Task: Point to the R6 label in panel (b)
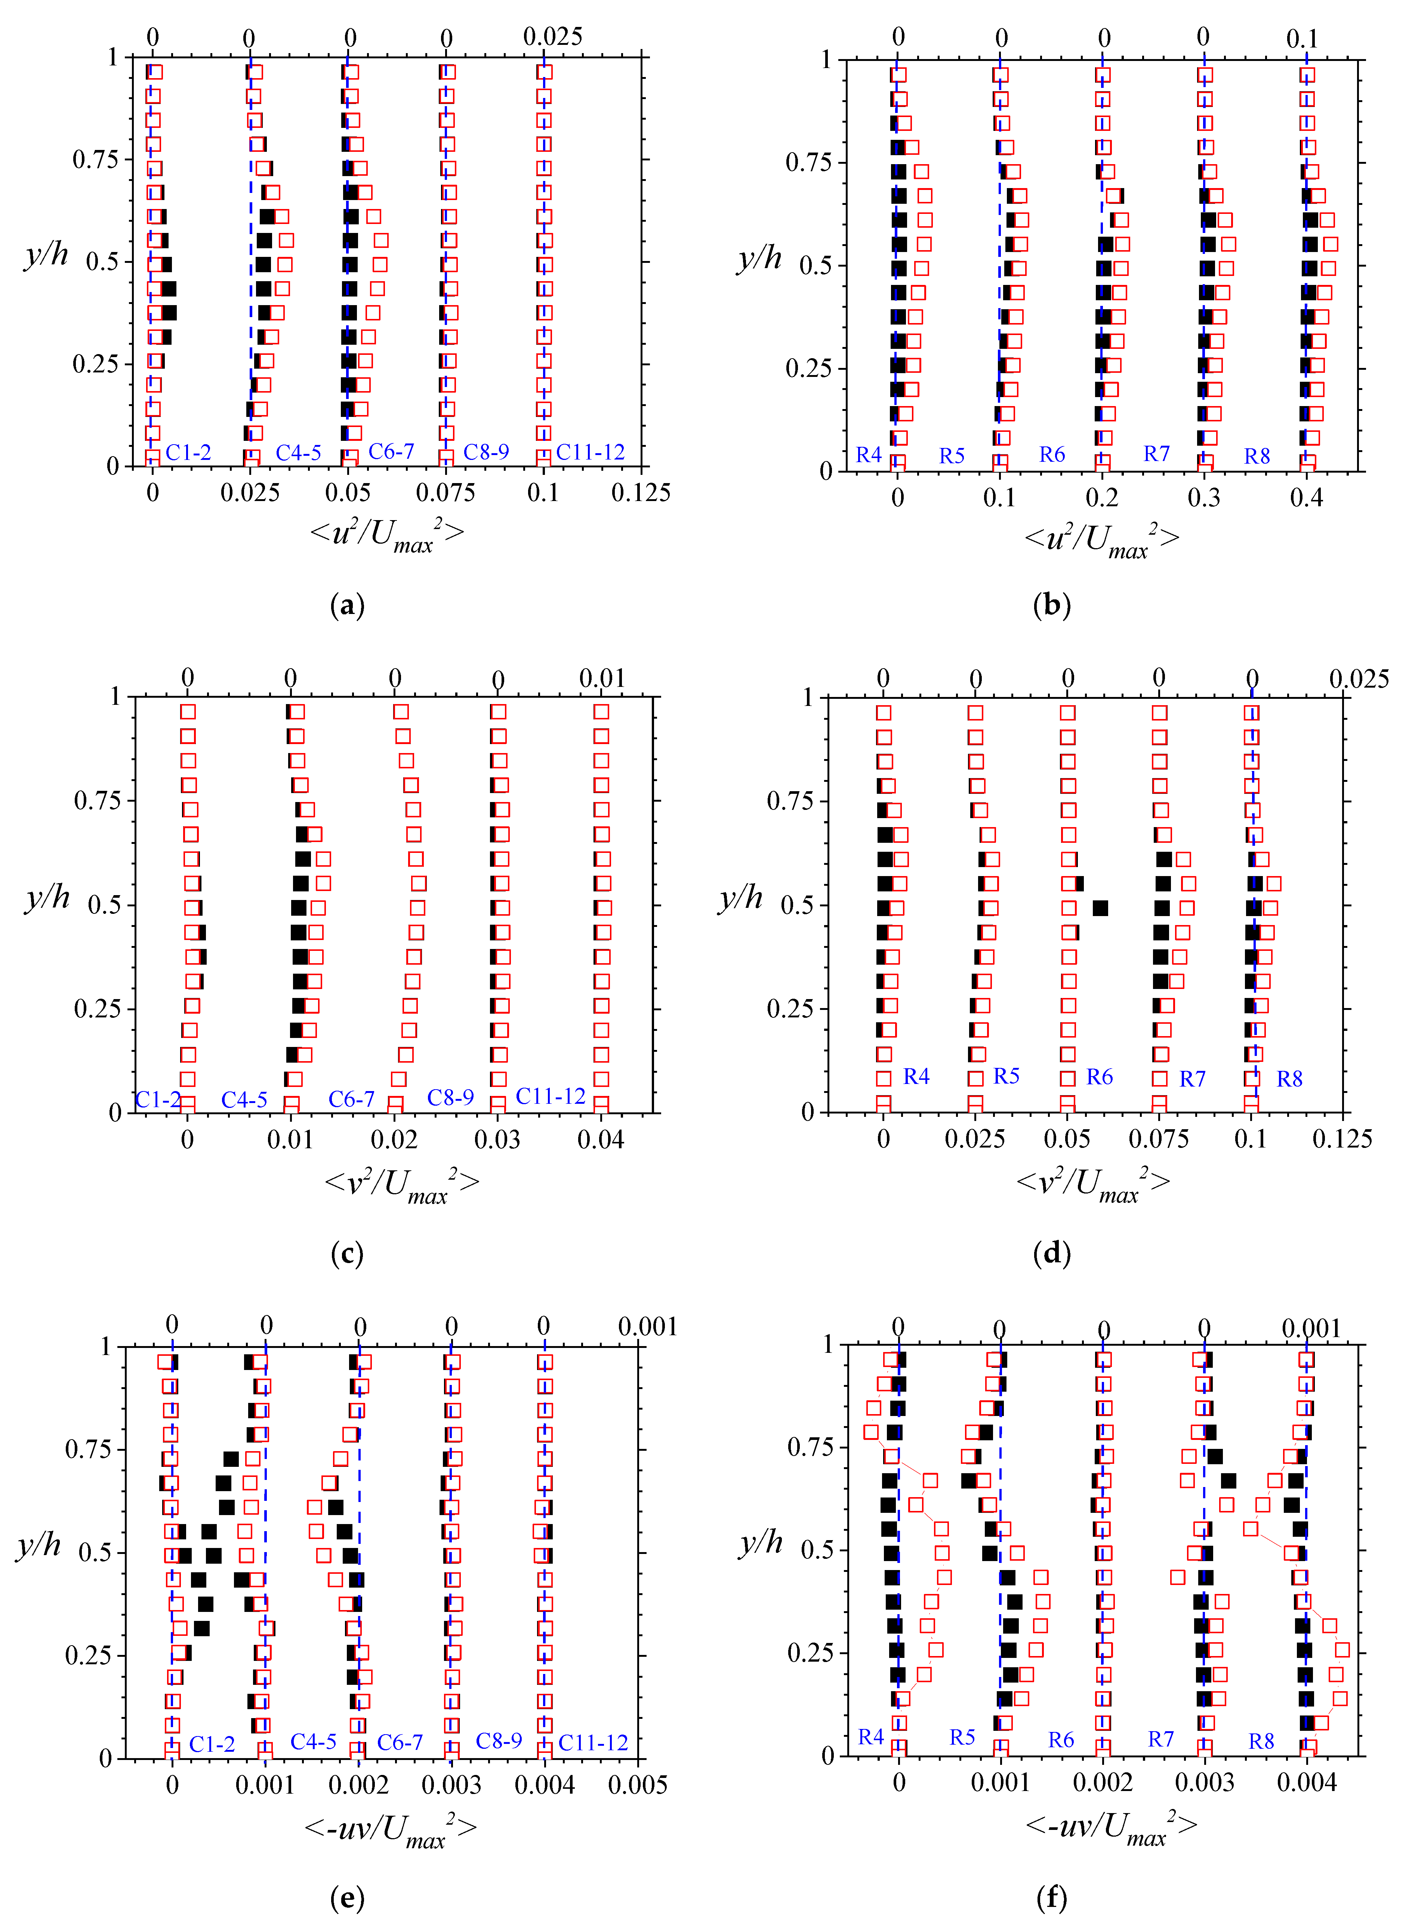pyautogui.click(x=1052, y=455)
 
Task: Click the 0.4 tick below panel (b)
pyautogui.click(x=1306, y=498)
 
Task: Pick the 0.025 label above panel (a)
pyautogui.click(x=553, y=37)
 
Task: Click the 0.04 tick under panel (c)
pyautogui.click(x=601, y=1140)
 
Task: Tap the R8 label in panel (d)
pyautogui.click(x=1289, y=1079)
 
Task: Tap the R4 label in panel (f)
pyautogui.click(x=871, y=1737)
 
